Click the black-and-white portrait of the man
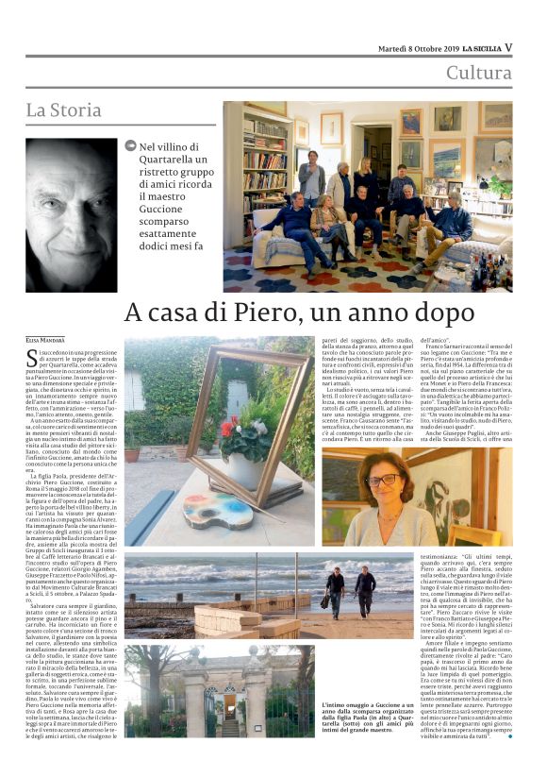pos(72,214)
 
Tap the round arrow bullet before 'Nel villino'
pos(130,146)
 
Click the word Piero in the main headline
pos(260,312)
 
